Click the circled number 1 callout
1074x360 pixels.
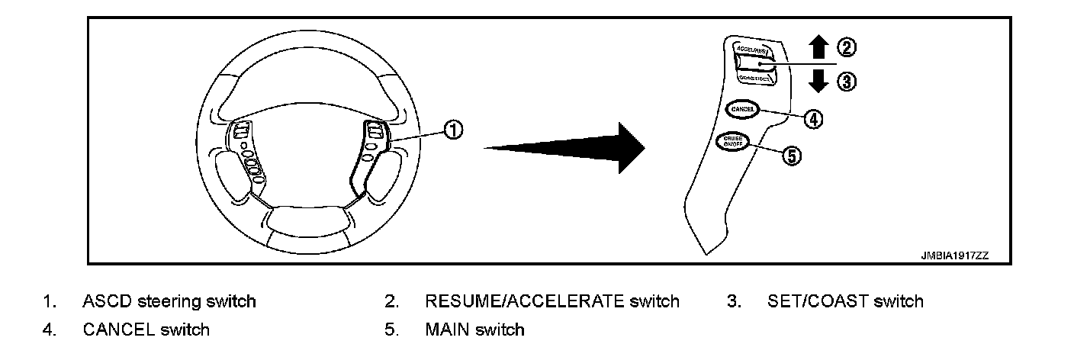tap(452, 131)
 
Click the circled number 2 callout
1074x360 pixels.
tap(847, 48)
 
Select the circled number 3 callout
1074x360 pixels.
tap(847, 81)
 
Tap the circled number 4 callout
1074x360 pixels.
tap(815, 119)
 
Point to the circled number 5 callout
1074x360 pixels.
tap(793, 156)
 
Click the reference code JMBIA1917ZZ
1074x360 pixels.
tap(953, 256)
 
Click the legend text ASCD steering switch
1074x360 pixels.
tap(169, 301)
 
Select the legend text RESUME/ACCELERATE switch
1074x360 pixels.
tap(551, 301)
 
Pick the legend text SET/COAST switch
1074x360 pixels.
tap(845, 301)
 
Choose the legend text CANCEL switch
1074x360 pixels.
tap(146, 329)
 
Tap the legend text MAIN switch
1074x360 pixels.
tap(474, 329)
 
